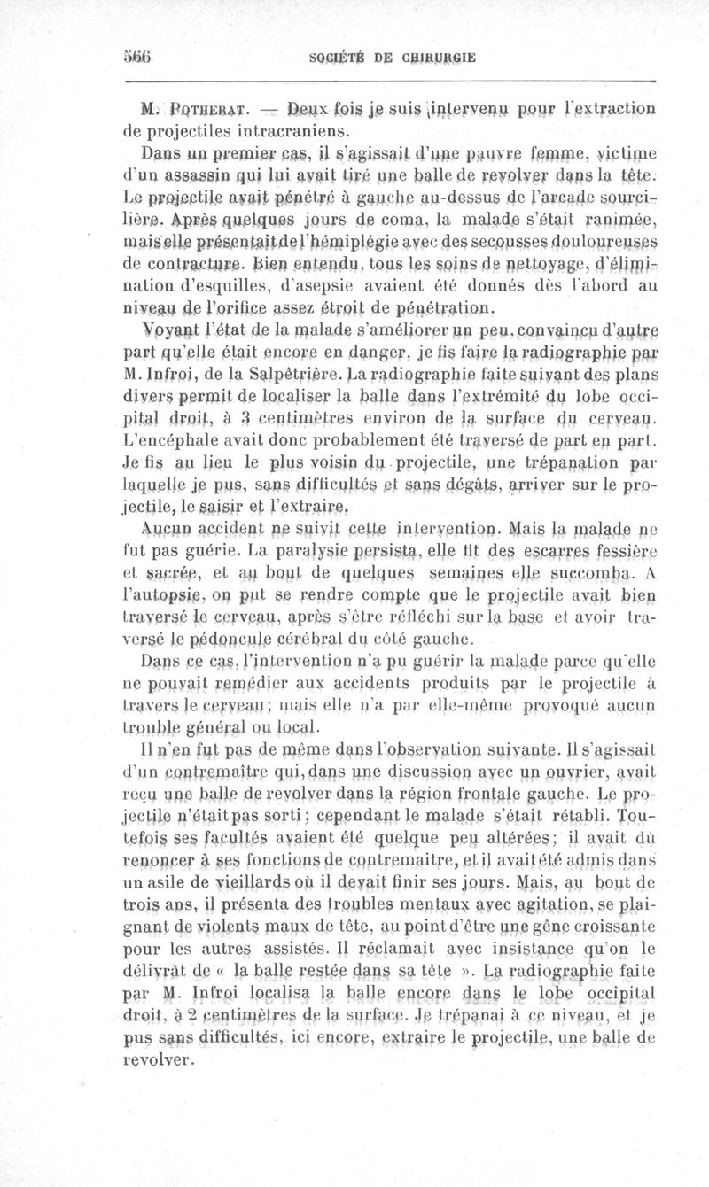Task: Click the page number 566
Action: [138, 58]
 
